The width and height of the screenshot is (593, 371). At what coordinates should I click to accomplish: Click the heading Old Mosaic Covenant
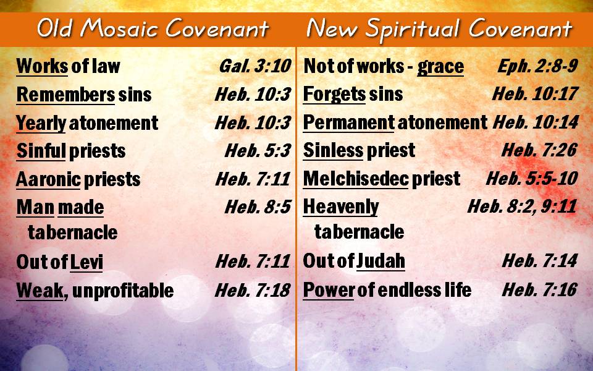click(x=153, y=29)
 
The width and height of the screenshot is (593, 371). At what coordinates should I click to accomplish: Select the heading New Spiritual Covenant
click(x=439, y=29)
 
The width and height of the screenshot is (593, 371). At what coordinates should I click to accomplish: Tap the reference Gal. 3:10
click(x=255, y=66)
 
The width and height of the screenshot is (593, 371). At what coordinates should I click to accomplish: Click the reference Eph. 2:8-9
click(x=537, y=66)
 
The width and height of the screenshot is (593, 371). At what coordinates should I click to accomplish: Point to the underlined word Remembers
click(x=65, y=95)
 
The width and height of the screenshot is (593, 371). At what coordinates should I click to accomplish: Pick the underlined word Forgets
click(x=334, y=95)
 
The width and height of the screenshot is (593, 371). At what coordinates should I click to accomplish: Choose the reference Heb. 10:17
click(x=535, y=94)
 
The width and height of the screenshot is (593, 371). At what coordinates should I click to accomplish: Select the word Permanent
click(x=348, y=122)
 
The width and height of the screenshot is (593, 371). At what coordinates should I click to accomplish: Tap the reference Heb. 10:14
click(x=536, y=122)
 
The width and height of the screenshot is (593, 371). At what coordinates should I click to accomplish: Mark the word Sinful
click(x=41, y=151)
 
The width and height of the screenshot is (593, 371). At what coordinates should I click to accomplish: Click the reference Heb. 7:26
click(x=539, y=150)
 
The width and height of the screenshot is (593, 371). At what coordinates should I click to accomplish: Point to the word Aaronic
click(x=48, y=179)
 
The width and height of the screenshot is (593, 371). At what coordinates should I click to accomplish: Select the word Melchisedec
click(x=356, y=179)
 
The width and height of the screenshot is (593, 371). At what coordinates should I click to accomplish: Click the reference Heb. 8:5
click(x=258, y=207)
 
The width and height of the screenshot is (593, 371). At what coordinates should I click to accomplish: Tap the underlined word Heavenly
click(x=341, y=208)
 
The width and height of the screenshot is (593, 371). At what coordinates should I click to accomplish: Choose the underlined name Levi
click(x=86, y=262)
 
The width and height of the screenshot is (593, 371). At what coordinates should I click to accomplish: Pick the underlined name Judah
click(x=381, y=261)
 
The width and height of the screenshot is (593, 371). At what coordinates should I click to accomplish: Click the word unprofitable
click(x=122, y=291)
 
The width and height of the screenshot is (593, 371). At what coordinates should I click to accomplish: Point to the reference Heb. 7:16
click(x=540, y=290)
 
